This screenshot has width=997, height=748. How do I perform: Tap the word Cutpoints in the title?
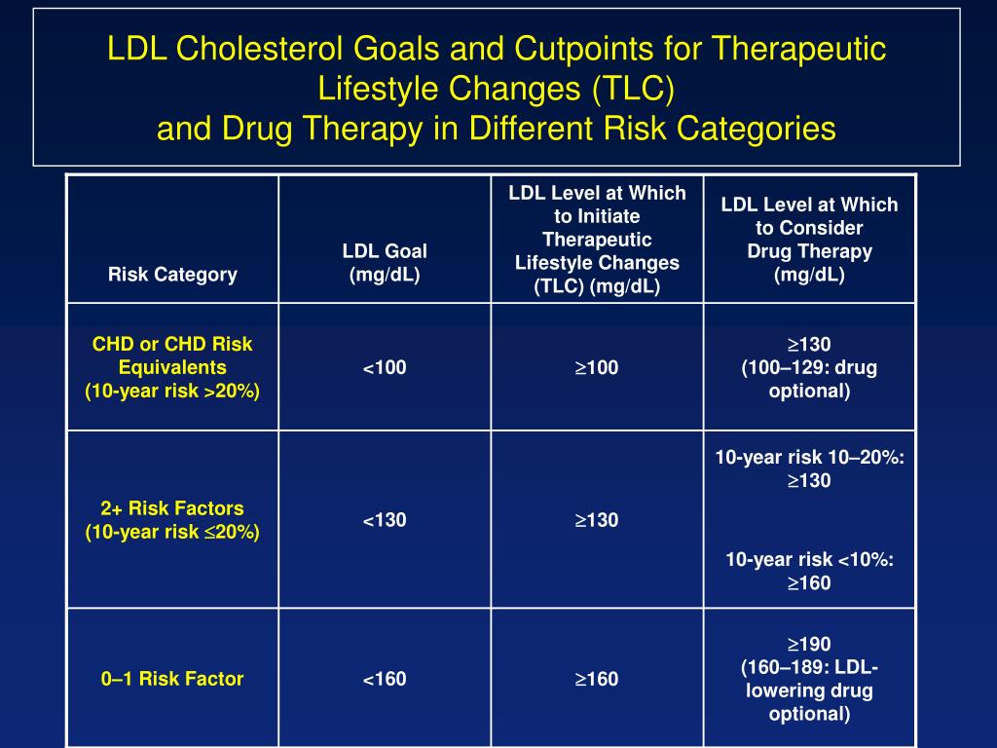point(566,50)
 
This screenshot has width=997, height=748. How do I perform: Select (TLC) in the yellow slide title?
point(631,89)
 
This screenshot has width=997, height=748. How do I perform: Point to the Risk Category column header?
point(172,274)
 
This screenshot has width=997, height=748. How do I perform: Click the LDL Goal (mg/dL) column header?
point(385,263)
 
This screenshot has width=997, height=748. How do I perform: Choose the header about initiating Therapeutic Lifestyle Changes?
point(597,240)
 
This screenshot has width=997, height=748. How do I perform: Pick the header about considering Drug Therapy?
point(809,240)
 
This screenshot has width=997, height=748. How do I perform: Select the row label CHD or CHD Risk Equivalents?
point(172,355)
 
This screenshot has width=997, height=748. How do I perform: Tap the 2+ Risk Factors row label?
point(172,508)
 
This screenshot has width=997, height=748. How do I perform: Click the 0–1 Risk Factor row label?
point(172,679)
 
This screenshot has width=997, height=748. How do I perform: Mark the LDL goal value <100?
point(385,368)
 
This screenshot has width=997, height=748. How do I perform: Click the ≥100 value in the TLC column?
point(597,368)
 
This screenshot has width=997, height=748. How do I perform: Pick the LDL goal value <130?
point(385,520)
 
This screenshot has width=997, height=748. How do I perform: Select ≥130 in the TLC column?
point(597,520)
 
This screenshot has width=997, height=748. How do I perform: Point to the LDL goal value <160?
point(385,679)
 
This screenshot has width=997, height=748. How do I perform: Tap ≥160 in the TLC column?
point(597,679)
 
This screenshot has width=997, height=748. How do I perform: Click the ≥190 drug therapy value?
point(809,644)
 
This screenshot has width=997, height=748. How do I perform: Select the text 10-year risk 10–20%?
point(809,457)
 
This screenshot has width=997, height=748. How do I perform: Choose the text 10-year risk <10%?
point(809,560)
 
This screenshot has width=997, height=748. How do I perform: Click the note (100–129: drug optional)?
point(809,380)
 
